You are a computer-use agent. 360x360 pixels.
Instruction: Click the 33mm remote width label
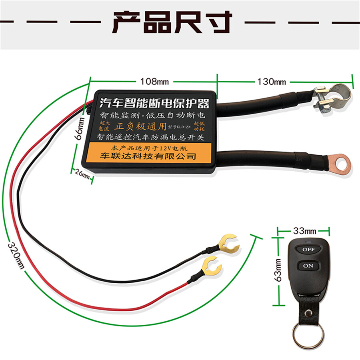(304, 231)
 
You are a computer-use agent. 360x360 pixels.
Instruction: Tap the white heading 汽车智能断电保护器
(154, 104)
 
